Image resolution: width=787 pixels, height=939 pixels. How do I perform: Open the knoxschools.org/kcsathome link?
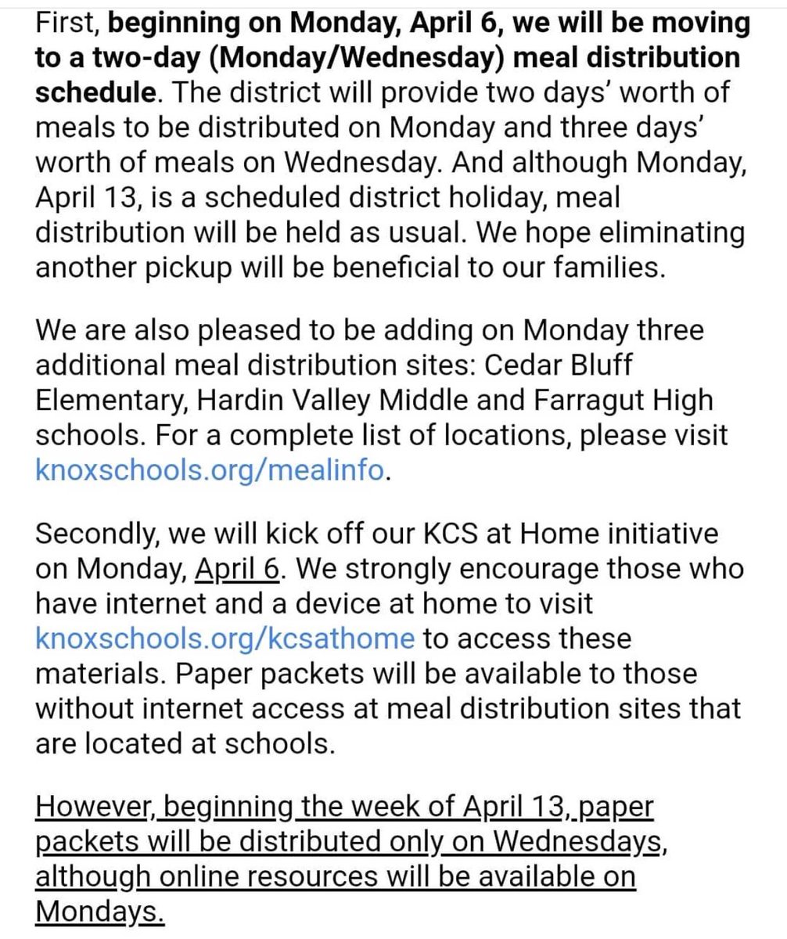(225, 639)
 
